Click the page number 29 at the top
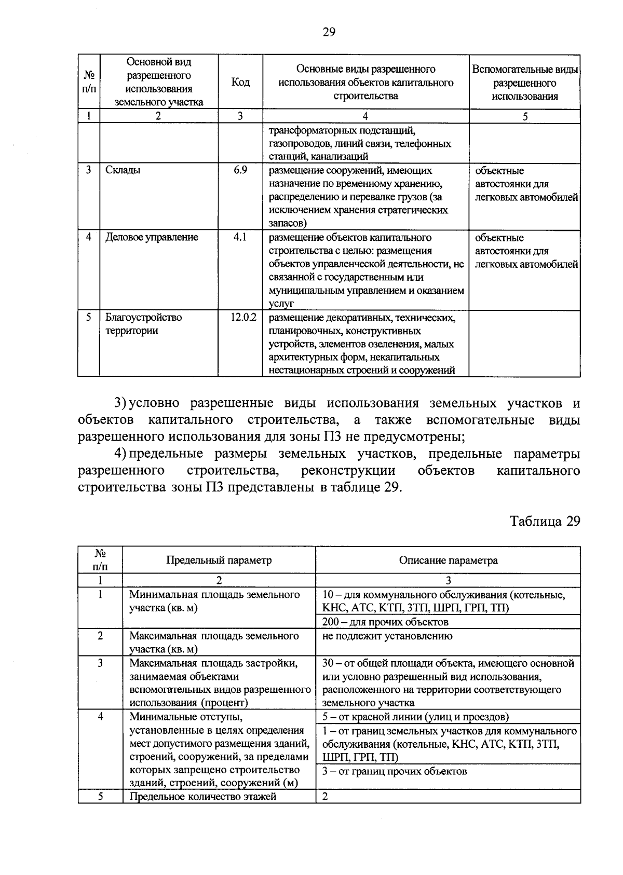(329, 32)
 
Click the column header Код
(240, 83)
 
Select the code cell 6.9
(240, 170)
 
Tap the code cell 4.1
(240, 237)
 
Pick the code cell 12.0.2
(243, 317)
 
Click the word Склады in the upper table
(123, 170)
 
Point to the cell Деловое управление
(152, 237)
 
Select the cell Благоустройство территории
(143, 324)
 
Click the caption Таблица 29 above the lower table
(545, 521)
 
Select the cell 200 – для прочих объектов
(385, 622)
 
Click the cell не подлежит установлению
(387, 636)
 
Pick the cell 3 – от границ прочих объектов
(394, 771)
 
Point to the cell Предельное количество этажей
(202, 797)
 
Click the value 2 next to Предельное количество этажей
(325, 797)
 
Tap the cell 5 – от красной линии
(415, 717)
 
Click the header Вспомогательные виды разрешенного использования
(525, 83)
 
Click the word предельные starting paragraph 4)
(166, 454)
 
